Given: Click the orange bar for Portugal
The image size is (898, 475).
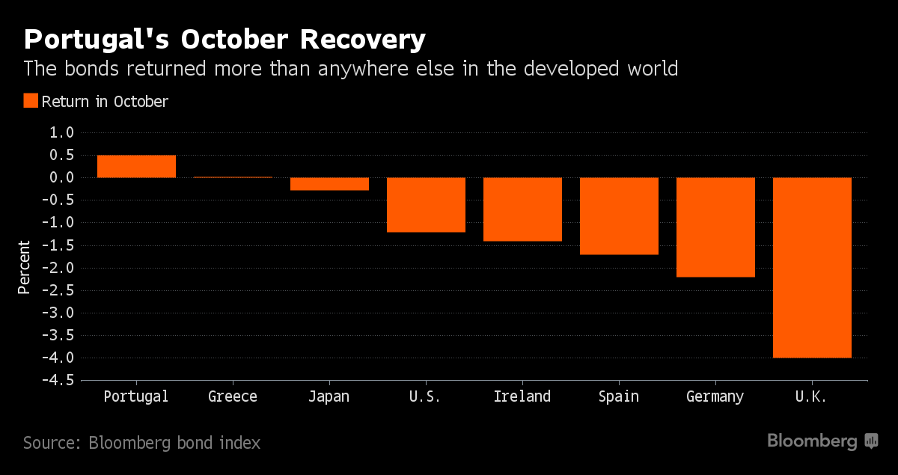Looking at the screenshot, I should (136, 166).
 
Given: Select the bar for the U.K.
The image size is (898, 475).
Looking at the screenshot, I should (812, 267).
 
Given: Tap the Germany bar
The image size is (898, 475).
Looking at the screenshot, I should (715, 227).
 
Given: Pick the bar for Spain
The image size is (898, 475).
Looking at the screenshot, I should (619, 215).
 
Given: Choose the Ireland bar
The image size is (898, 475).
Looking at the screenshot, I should (522, 209).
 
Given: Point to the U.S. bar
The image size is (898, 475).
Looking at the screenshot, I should (426, 204).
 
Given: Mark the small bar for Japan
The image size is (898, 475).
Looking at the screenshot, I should (329, 184).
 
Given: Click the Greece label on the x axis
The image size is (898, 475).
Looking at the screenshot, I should (233, 396).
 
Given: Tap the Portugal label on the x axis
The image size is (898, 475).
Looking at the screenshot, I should (136, 396).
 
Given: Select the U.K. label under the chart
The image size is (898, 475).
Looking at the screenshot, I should (812, 396).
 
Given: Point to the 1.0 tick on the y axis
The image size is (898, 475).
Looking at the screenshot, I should (63, 132).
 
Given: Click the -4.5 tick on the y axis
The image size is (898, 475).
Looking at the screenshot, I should (60, 381).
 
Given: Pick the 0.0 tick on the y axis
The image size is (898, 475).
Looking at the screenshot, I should (63, 177).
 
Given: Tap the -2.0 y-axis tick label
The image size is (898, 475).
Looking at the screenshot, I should (60, 268).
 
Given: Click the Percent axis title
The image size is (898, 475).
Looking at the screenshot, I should (24, 267).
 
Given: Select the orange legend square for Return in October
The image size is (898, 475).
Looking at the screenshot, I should (31, 101).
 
